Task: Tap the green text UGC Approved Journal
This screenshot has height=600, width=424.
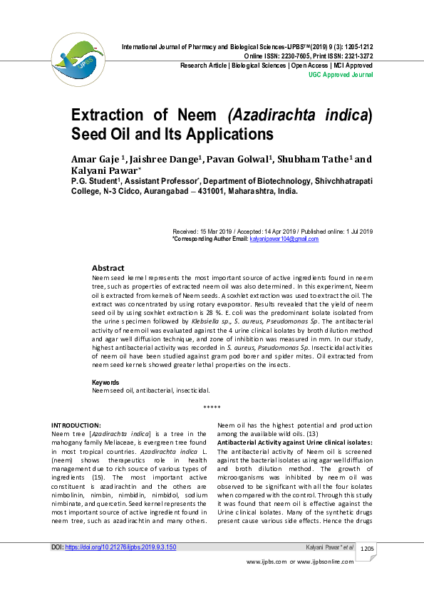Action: click(340, 74)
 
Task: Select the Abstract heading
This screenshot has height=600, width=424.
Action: click(108, 268)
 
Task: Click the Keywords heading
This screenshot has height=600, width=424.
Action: click(106, 383)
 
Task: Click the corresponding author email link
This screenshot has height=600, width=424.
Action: click(284, 239)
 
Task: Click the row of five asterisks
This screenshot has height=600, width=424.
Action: click(212, 407)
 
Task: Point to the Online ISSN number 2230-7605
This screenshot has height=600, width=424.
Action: click(293, 56)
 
